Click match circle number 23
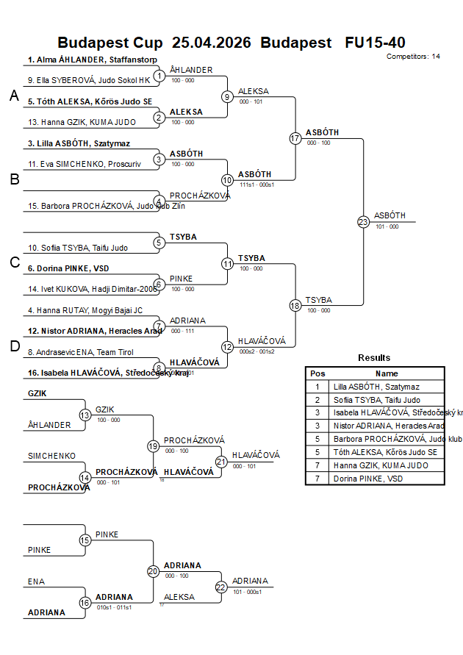(363, 221)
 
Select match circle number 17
(295, 138)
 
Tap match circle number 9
(228, 96)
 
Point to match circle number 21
(221, 461)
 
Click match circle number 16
(85, 603)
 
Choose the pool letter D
(14, 346)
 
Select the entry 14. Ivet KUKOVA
(88, 290)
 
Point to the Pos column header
(317, 373)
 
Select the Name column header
(387, 373)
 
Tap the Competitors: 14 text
(413, 57)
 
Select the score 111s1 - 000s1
(256, 185)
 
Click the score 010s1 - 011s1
(114, 607)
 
